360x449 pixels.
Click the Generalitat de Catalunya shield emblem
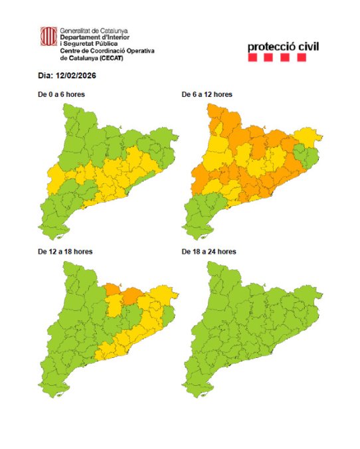click(x=48, y=37)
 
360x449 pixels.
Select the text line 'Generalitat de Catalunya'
click(x=94, y=31)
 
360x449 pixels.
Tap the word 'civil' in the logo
click(x=306, y=47)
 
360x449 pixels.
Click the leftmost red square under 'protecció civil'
click(x=252, y=58)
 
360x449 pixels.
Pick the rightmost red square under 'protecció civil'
click(x=302, y=58)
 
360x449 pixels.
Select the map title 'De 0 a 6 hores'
click(x=61, y=95)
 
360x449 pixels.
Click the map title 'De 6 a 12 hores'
click(x=207, y=95)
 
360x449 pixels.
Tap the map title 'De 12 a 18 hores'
click(x=64, y=252)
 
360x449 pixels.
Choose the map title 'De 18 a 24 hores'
click(x=209, y=252)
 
